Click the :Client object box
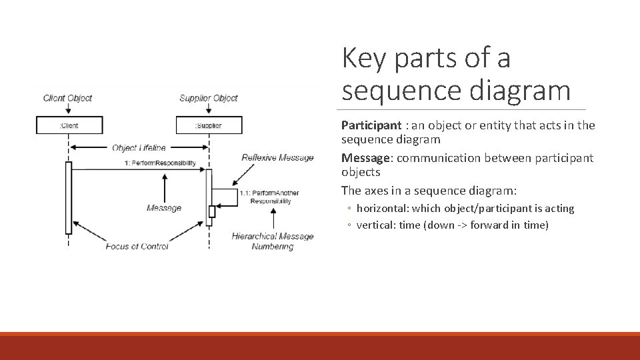pyautogui.click(x=69, y=125)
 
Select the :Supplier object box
pyautogui.click(x=209, y=125)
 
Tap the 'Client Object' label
pyautogui.click(x=67, y=98)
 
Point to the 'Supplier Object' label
pyautogui.click(x=208, y=98)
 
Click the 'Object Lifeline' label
pyautogui.click(x=139, y=147)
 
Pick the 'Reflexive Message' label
pyautogui.click(x=277, y=158)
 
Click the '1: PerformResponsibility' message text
pyautogui.click(x=160, y=163)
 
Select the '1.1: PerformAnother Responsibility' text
pyautogui.click(x=269, y=197)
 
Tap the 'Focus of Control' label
pyautogui.click(x=137, y=246)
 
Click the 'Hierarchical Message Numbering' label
pyautogui.click(x=272, y=241)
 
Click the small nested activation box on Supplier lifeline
pyautogui.click(x=212, y=211)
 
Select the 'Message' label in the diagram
pyautogui.click(x=164, y=208)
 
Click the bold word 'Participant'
pyautogui.click(x=371, y=125)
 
